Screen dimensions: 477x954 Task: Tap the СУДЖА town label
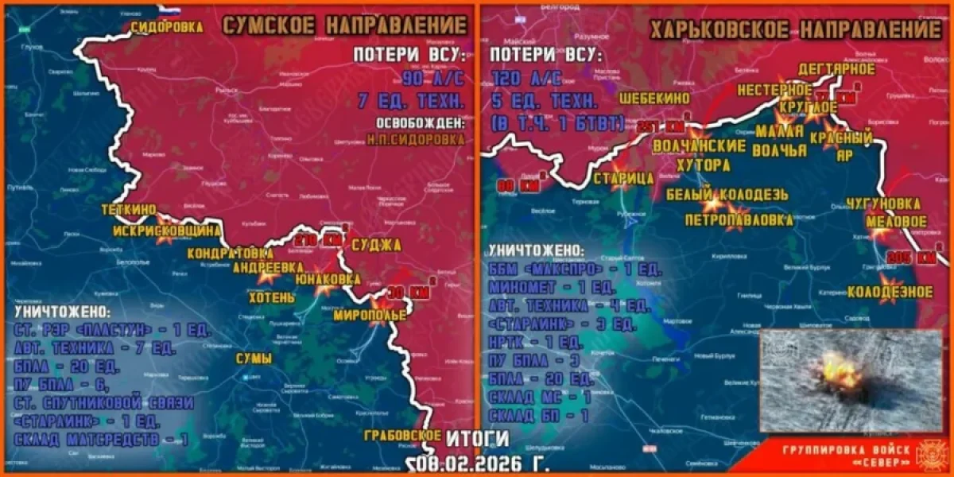[375, 245]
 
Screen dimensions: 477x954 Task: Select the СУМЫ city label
[253, 359]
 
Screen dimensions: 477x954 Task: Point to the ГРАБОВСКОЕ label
[402, 435]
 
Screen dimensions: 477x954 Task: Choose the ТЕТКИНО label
[129, 211]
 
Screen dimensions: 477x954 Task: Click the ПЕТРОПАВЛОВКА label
[739, 218]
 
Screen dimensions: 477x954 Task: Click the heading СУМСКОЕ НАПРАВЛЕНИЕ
[344, 25]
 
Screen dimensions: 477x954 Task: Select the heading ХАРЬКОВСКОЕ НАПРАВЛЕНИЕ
[795, 31]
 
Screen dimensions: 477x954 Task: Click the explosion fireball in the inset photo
[836, 373]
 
